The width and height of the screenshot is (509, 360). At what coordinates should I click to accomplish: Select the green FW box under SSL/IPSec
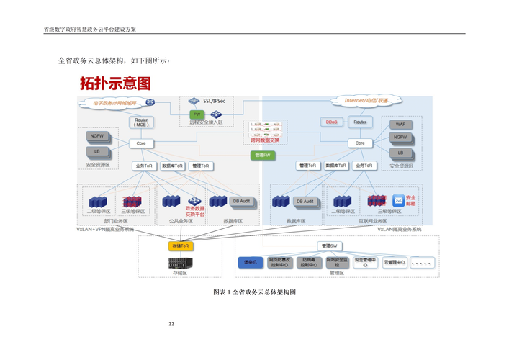tap(197, 114)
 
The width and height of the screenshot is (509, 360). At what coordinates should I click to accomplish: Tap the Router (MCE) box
tap(141, 122)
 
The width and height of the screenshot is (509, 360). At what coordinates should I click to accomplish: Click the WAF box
tap(400, 124)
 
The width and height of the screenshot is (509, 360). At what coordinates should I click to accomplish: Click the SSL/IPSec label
tap(214, 102)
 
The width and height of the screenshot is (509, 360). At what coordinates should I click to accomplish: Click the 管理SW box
tap(330, 246)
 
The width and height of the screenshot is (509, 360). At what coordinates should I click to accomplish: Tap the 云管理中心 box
tap(394, 263)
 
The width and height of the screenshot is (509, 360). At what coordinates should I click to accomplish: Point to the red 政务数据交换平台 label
tap(195, 212)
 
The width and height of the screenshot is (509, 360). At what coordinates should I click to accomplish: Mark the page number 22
tap(171, 324)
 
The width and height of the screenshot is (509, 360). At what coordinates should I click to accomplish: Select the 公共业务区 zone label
tap(181, 221)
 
